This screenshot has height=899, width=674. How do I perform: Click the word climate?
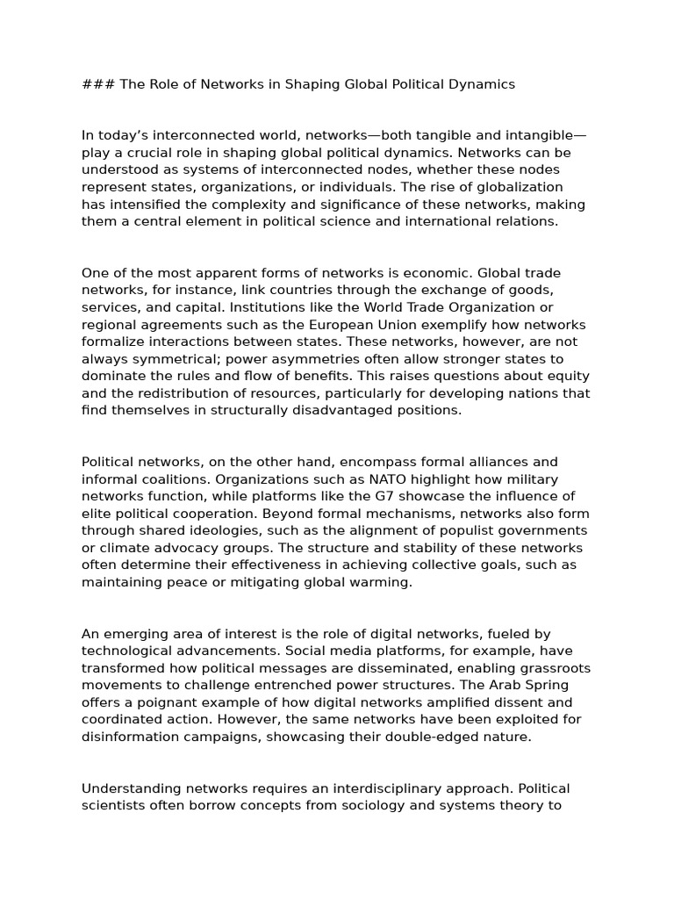pos(119,548)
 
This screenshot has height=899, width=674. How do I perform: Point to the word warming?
pos(380,582)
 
